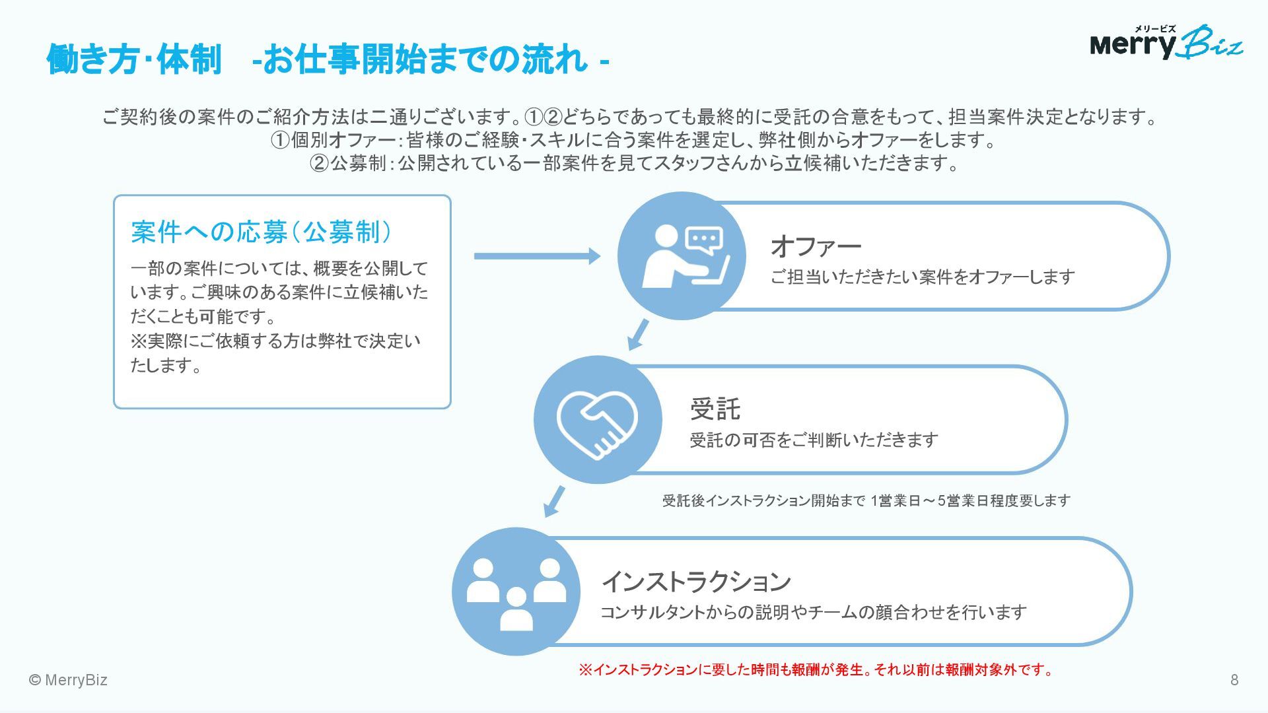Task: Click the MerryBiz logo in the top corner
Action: coord(1166,43)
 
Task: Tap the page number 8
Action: coord(1234,680)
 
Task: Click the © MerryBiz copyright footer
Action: coord(68,680)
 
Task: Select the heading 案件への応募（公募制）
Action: coord(262,232)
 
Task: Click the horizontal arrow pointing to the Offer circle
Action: coord(537,256)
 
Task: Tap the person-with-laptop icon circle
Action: coord(682,256)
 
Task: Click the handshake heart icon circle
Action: coord(598,420)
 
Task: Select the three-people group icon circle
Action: coord(516,592)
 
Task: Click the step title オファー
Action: coord(816,246)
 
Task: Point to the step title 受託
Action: coord(715,409)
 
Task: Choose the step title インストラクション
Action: coord(696,581)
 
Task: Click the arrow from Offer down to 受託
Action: coord(638,335)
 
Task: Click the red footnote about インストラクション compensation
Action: coord(816,670)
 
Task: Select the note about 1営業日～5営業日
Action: coord(866,500)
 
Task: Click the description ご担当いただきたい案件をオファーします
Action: coord(922,277)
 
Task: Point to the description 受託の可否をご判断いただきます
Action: coord(814,440)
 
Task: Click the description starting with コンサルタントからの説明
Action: coord(813,613)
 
